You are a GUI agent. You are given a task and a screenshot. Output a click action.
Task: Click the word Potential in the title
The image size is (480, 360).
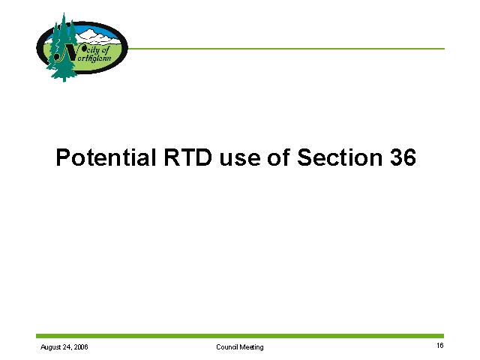click(106, 157)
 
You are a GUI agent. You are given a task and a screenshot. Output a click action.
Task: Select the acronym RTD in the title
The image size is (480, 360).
click(188, 157)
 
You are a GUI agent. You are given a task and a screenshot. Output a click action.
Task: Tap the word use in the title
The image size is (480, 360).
click(240, 160)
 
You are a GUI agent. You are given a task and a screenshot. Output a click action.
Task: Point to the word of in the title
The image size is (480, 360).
click(278, 157)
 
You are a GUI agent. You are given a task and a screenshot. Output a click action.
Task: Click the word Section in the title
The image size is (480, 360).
click(340, 157)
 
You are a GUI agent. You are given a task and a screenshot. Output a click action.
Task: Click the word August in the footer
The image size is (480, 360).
click(50, 347)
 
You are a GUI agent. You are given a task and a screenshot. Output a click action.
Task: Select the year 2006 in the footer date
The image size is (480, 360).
click(81, 346)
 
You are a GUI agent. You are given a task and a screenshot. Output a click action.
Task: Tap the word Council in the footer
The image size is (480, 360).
click(226, 346)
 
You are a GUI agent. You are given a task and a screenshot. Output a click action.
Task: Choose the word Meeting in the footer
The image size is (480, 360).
click(251, 347)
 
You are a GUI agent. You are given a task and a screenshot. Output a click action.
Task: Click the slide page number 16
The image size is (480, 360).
click(440, 346)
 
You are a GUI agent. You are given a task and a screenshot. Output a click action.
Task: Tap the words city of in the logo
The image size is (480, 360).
click(97, 50)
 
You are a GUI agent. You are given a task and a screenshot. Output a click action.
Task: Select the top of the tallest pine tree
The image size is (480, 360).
click(64, 13)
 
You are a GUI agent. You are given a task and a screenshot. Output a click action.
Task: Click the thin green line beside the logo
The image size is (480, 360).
click(286, 48)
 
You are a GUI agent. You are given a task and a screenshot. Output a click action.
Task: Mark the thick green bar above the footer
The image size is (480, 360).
click(240, 336)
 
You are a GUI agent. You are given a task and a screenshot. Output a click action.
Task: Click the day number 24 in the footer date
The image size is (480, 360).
click(67, 346)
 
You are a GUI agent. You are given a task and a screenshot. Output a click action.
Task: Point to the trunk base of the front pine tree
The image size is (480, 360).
click(64, 79)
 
